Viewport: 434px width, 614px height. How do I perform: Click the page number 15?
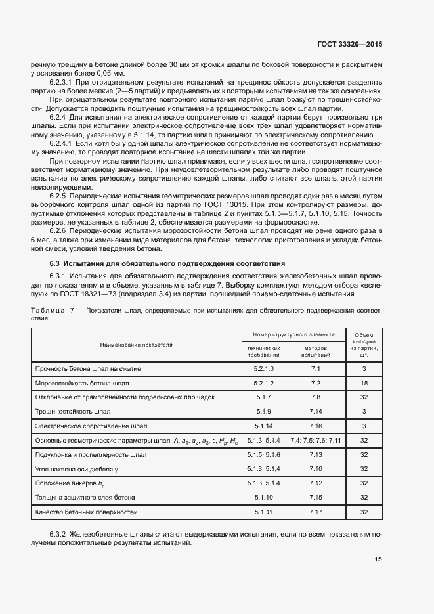378,559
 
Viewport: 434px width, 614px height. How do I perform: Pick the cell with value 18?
363,383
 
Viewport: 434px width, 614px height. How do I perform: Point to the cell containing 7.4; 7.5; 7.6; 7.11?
315,439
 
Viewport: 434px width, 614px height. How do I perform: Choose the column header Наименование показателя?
136,344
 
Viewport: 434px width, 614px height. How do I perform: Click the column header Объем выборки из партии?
363,343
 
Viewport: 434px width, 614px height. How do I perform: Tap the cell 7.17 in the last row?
315,511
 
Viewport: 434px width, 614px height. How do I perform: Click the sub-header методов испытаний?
315,351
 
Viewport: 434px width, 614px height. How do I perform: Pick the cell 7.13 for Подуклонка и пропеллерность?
315,454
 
